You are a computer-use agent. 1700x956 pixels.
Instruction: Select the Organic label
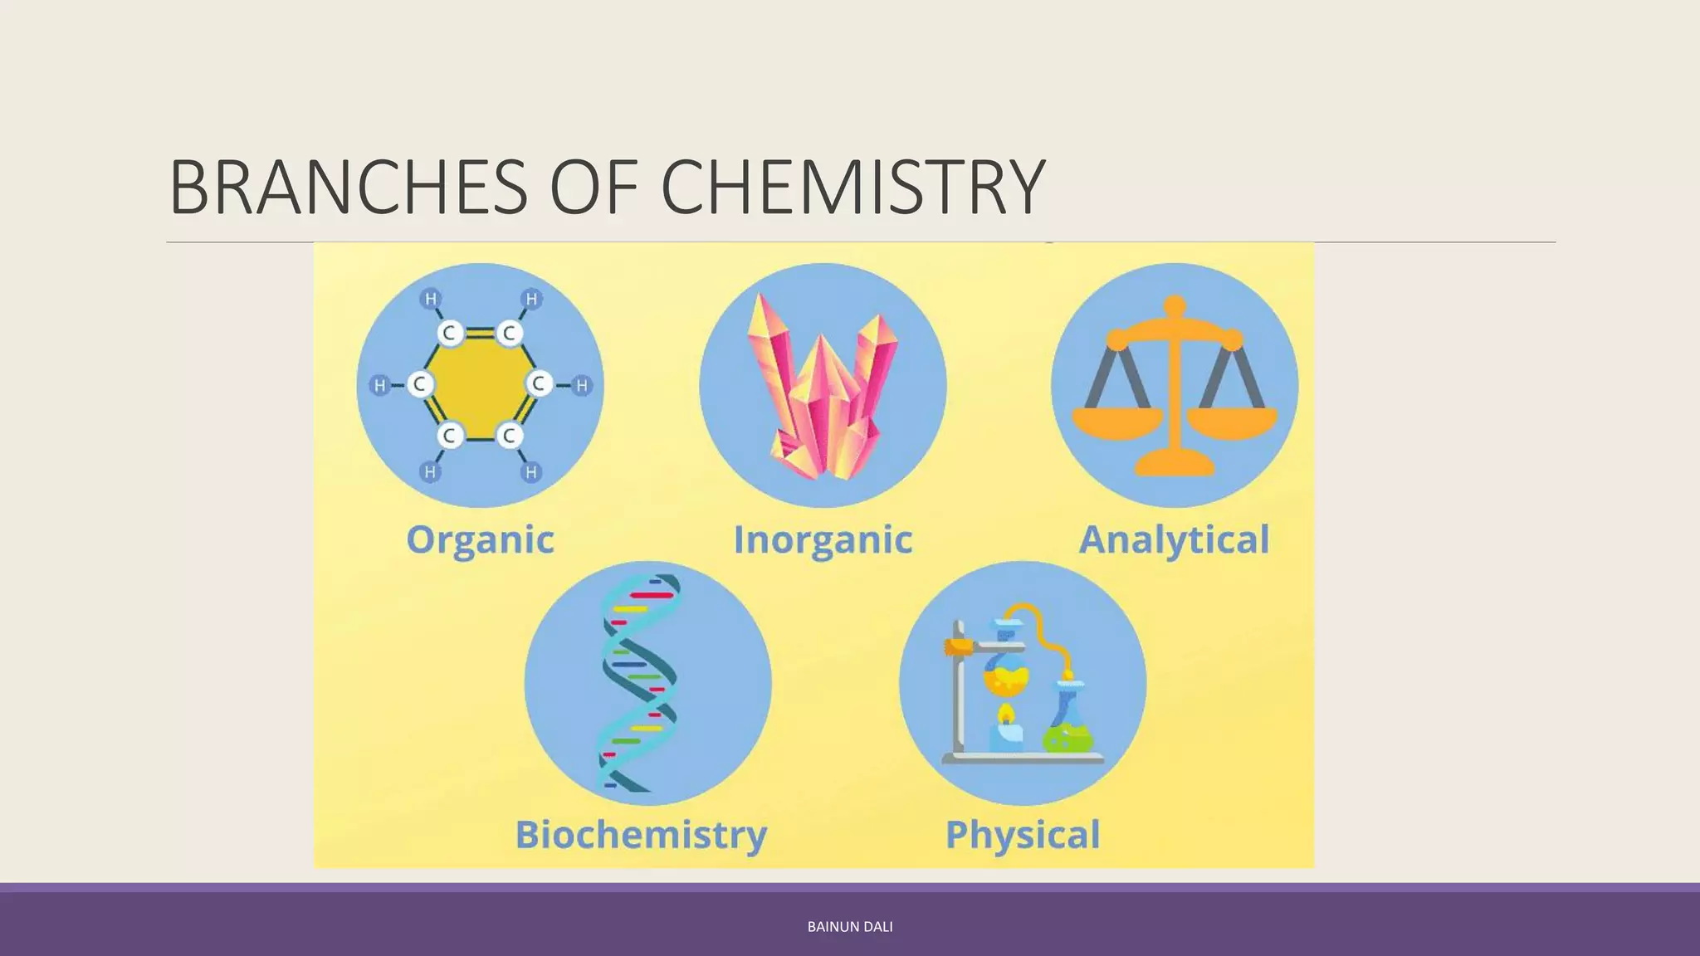pos(480,540)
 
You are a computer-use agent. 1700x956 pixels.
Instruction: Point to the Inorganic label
pos(823,540)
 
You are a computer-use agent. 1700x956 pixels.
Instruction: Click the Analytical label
pos(1174,540)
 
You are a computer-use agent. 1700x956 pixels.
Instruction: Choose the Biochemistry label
pos(641,835)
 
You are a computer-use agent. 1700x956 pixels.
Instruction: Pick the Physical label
pos(1023,835)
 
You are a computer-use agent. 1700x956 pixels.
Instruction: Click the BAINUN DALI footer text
pos(850,927)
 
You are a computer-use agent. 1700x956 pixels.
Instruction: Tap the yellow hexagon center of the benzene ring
pos(479,384)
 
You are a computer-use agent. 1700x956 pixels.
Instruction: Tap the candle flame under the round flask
pos(1005,714)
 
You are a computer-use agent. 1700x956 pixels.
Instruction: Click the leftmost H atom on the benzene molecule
pos(379,385)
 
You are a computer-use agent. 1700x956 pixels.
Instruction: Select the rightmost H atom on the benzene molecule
pos(582,385)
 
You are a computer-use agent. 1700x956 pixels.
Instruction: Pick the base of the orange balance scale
pos(1175,463)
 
